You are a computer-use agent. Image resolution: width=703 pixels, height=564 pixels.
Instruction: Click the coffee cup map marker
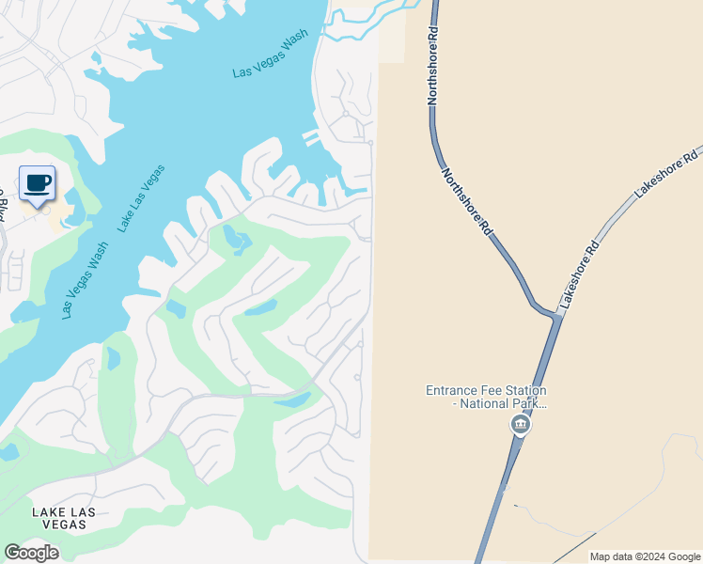click(x=37, y=183)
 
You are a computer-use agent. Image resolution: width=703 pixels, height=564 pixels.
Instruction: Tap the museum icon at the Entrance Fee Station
click(x=520, y=425)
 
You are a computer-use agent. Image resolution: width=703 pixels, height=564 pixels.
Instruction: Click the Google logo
click(x=31, y=553)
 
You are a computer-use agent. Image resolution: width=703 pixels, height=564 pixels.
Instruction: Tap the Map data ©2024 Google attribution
click(x=645, y=556)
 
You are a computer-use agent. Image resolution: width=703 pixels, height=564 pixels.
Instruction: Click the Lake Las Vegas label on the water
click(x=142, y=197)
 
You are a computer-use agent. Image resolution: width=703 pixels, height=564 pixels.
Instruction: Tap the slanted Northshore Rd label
click(x=468, y=200)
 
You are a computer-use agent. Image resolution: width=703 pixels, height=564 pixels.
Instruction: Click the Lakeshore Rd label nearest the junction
click(x=579, y=276)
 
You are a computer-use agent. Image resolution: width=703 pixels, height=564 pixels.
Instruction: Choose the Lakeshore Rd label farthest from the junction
click(x=667, y=173)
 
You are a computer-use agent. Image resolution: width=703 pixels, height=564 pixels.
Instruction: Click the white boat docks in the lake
click(x=311, y=137)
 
